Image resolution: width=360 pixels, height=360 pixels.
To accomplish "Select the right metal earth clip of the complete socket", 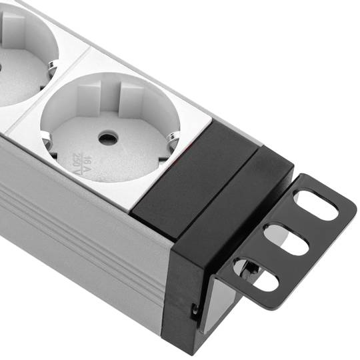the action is pos(173,139).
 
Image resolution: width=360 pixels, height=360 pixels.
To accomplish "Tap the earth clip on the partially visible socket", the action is pos(51,67).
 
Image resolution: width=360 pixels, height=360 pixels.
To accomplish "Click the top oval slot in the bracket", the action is pos(316,205).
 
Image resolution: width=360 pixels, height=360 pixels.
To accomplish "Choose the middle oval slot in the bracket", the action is pos(286,239).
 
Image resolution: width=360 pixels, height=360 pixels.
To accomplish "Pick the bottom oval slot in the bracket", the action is pos(255,275).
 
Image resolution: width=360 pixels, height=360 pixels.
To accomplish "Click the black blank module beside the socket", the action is pos(195,180).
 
